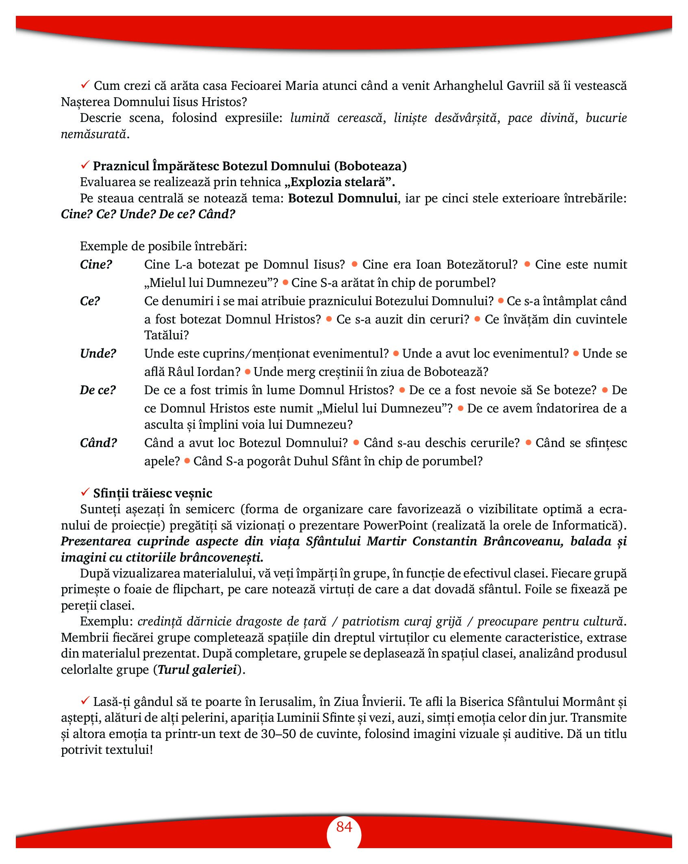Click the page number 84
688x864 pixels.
coord(344,827)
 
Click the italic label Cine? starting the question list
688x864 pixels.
coord(96,265)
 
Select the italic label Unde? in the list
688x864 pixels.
coord(98,354)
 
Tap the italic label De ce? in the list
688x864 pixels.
coord(98,390)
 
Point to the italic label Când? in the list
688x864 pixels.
coord(98,443)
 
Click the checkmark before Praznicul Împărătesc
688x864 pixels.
coord(85,165)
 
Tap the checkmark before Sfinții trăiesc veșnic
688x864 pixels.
coord(85,492)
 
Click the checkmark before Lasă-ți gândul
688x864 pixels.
coord(85,701)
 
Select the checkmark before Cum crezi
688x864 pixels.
coord(85,85)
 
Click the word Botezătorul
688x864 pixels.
coord(482,265)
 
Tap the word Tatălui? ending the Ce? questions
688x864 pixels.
coord(167,335)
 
